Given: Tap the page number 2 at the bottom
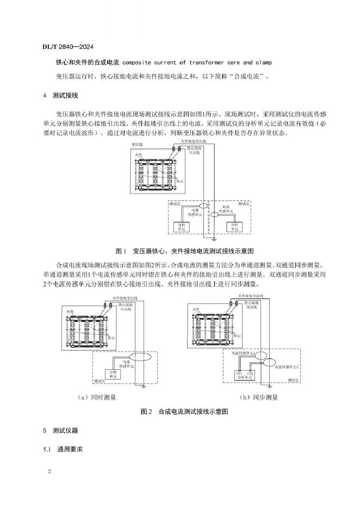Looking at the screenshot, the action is [49, 471].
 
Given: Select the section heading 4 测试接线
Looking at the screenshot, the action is [60, 96].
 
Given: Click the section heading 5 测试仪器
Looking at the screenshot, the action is [60, 431].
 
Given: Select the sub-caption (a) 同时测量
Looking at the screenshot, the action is [98, 398].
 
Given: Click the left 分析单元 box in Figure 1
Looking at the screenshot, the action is [177, 227].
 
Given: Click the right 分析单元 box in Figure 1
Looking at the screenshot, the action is [234, 227].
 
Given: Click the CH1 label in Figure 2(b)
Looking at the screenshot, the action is [239, 373].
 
